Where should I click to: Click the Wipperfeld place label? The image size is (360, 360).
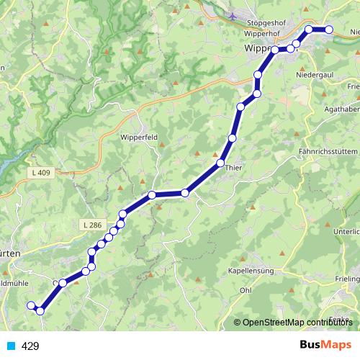[140, 137]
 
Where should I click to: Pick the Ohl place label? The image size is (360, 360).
[246, 290]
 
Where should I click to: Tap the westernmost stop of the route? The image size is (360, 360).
[31, 306]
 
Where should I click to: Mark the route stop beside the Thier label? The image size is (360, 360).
[221, 163]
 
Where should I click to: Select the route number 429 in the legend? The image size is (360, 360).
[30, 346]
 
